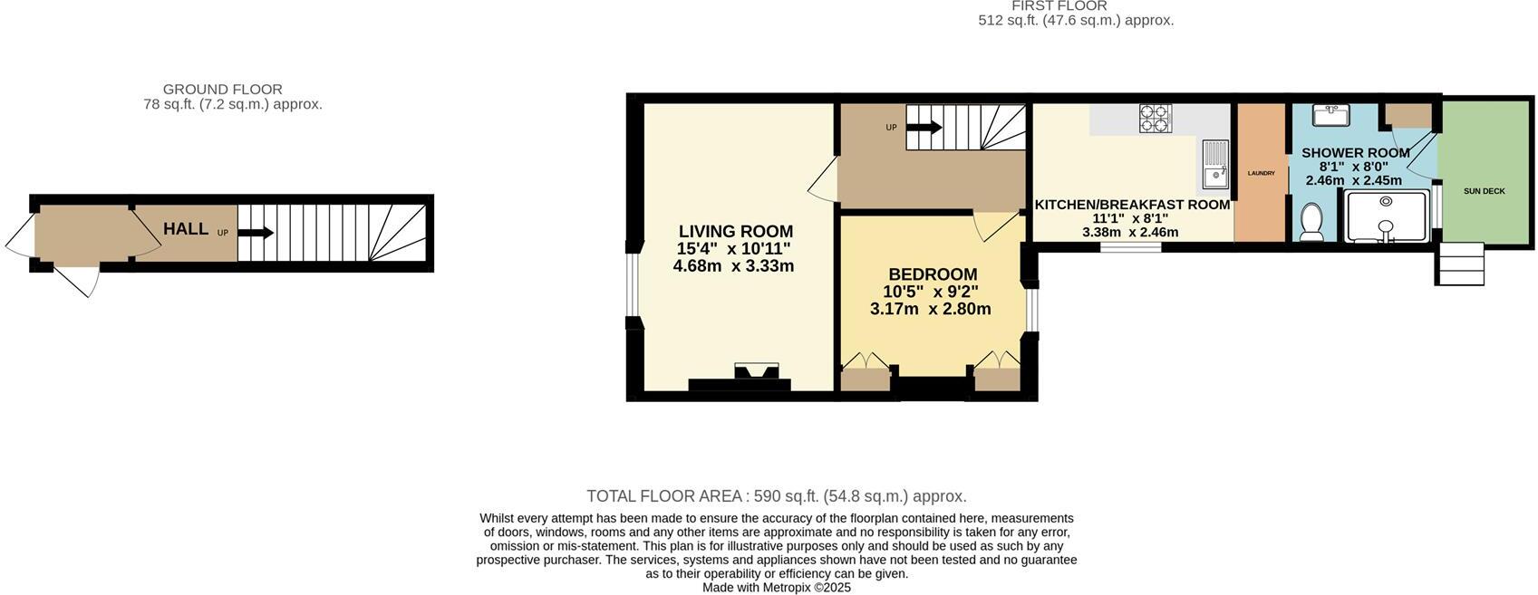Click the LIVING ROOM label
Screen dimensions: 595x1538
coord(735,232)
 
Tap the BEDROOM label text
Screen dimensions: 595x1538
coord(932,274)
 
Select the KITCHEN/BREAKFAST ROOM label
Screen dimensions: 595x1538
coord(1132,205)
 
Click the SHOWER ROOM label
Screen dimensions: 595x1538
coord(1355,153)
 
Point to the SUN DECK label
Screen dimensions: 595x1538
coord(1484,191)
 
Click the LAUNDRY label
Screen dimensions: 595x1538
coord(1261,173)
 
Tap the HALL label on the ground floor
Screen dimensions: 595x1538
coord(186,229)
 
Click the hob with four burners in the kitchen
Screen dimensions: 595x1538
coord(1155,119)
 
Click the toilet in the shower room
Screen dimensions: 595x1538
coord(1311,222)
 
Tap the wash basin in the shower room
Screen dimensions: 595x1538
coord(1331,115)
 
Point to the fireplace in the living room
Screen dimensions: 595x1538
coord(756,374)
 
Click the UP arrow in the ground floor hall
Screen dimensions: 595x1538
coord(256,233)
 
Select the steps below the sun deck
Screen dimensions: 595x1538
coord(1460,264)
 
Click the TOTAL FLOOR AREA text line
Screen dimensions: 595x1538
coord(776,496)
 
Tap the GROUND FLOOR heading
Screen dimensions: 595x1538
coord(222,90)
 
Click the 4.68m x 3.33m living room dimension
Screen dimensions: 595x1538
coord(733,266)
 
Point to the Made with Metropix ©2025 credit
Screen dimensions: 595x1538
coord(776,588)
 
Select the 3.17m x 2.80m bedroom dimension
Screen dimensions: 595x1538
coord(930,309)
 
